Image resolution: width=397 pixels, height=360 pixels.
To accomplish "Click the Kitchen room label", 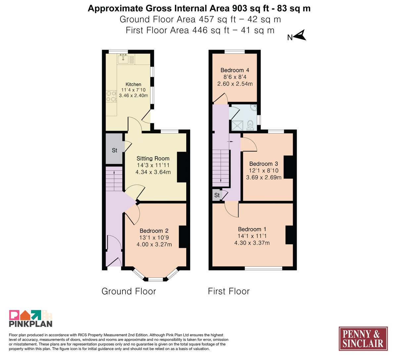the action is pyautogui.click(x=133, y=84).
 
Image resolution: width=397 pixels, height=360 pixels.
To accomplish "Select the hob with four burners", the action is pyautogui.click(x=111, y=96).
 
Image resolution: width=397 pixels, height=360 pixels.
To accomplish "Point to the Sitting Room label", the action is pyautogui.click(x=153, y=158).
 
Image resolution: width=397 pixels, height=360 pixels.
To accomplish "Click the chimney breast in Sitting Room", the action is pyautogui.click(x=182, y=167).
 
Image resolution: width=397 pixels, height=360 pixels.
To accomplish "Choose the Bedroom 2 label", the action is pyautogui.click(x=154, y=231).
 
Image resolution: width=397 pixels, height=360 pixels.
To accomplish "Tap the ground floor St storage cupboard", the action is pyautogui.click(x=114, y=149).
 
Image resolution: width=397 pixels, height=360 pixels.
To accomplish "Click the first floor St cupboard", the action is pyautogui.click(x=217, y=195).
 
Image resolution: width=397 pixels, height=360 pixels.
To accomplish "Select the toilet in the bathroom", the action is pyautogui.click(x=250, y=125).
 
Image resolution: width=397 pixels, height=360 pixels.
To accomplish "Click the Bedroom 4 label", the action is pyautogui.click(x=235, y=70).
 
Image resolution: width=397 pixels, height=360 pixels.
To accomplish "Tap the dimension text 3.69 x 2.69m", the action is pyautogui.click(x=264, y=177).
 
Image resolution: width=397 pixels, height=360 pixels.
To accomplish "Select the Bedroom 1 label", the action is pyautogui.click(x=252, y=229).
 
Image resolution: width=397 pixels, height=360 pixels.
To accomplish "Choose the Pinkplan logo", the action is pyautogui.click(x=30, y=318).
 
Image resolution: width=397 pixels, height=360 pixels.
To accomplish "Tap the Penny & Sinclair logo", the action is pyautogui.click(x=363, y=338).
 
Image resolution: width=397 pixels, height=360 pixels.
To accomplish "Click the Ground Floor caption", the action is pyautogui.click(x=129, y=291).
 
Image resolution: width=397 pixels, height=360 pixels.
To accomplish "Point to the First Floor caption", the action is pyautogui.click(x=229, y=291).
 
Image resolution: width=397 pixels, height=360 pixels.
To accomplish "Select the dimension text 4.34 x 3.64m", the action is pyautogui.click(x=153, y=172).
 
